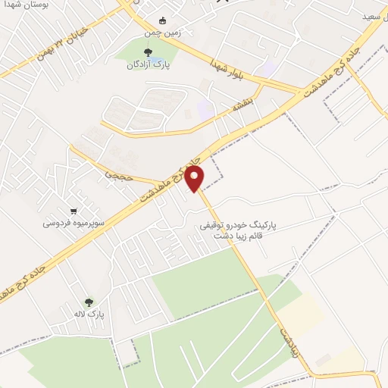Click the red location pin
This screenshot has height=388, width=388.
click(x=195, y=179)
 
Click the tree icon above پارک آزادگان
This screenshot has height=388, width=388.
click(x=147, y=52)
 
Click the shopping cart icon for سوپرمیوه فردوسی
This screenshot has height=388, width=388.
click(x=74, y=211)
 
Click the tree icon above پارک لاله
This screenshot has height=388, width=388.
click(x=89, y=301)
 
